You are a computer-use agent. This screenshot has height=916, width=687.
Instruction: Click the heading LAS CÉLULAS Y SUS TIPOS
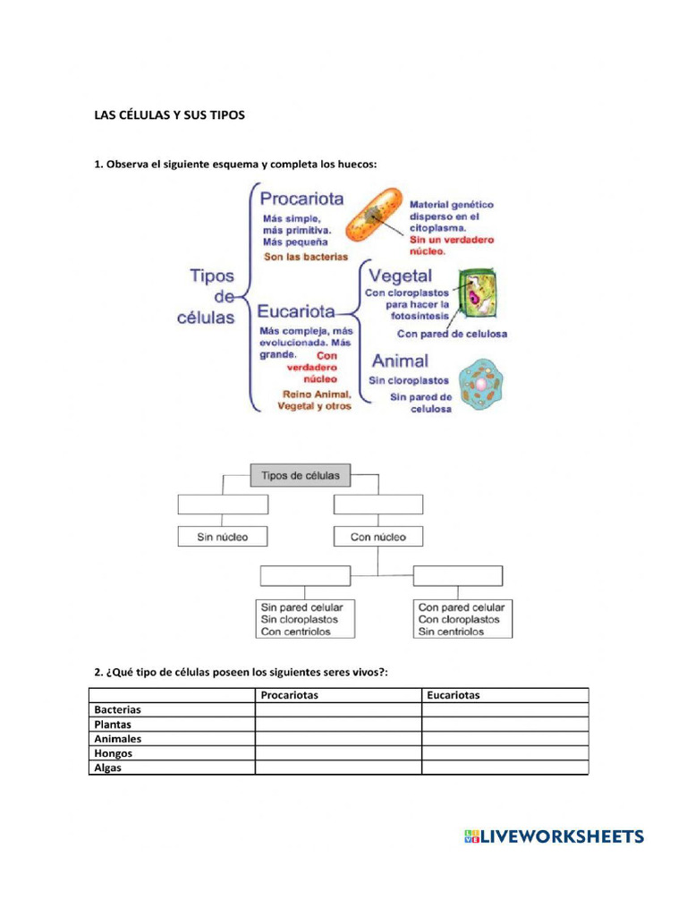[x=169, y=115]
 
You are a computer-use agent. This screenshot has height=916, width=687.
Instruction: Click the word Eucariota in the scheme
[x=296, y=312]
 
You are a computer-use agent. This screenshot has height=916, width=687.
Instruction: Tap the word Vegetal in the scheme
[x=400, y=276]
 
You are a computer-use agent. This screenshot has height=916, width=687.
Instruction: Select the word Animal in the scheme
[x=399, y=361]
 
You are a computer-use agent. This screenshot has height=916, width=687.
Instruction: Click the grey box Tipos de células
[x=300, y=476]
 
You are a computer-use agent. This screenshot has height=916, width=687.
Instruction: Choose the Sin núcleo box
[x=223, y=537]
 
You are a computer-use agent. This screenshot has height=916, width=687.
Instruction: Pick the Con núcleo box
[x=377, y=537]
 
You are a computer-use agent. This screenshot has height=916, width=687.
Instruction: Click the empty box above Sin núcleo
[x=223, y=505]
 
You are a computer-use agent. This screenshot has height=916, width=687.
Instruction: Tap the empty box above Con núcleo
[x=377, y=505]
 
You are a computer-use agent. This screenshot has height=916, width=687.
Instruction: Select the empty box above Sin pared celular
[x=306, y=576]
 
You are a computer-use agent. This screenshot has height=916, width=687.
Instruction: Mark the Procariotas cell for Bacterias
[x=337, y=709]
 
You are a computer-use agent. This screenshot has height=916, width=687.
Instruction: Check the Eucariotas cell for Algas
[x=505, y=768]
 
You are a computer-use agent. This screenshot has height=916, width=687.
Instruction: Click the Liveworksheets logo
[x=554, y=836]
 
